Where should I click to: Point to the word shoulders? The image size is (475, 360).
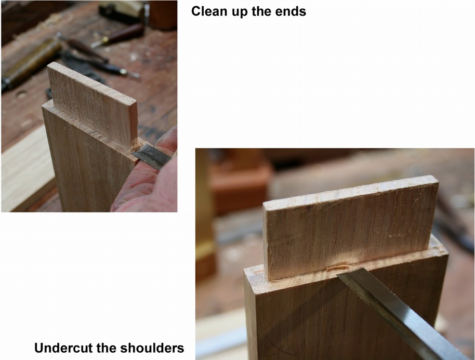[152, 348]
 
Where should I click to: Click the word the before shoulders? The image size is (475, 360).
[106, 348]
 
